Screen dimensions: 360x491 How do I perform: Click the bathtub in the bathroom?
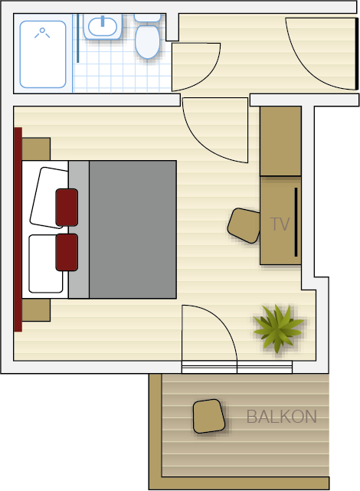click(x=43, y=54)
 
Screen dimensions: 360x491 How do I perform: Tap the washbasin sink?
click(x=103, y=27)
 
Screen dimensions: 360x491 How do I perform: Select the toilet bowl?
click(x=147, y=41)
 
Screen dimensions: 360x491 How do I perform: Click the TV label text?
click(x=280, y=224)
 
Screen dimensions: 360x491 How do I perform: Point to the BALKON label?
click(x=281, y=417)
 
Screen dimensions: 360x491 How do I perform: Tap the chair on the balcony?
click(x=209, y=416)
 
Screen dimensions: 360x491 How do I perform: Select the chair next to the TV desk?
click(x=244, y=225)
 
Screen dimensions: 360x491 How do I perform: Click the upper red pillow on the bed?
click(x=67, y=208)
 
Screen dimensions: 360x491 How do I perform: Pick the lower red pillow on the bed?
click(x=67, y=252)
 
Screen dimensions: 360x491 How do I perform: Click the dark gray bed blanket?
click(x=133, y=230)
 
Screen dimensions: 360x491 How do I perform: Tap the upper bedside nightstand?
click(x=36, y=149)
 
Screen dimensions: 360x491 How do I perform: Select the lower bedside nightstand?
click(x=36, y=310)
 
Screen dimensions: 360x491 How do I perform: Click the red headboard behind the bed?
click(x=18, y=229)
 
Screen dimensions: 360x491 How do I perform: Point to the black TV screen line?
click(x=296, y=222)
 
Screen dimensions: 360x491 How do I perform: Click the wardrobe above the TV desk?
click(x=280, y=141)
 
